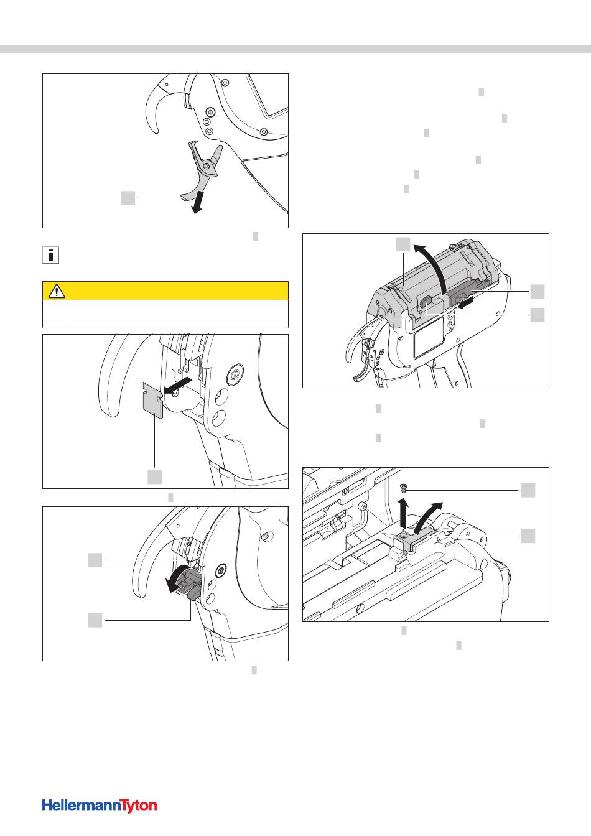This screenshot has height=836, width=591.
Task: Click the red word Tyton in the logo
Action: coord(139,806)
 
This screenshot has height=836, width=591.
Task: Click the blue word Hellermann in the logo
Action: coord(82,805)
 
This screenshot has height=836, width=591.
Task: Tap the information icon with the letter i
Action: coord(50,255)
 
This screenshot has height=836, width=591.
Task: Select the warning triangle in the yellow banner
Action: coord(57,290)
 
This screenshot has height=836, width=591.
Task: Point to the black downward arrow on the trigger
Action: coord(197,203)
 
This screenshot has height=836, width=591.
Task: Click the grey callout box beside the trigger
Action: coord(128,198)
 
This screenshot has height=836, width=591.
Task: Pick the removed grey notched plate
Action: coord(153,400)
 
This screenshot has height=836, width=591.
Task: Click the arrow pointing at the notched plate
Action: coord(178,386)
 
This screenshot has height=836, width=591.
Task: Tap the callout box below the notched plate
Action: coord(154,477)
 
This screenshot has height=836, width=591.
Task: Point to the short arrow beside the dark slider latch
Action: coord(467,302)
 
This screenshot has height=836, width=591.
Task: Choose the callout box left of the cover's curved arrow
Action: coord(403,244)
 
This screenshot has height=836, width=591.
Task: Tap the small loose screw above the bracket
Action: coord(404,486)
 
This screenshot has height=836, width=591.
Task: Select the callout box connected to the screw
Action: coord(528,490)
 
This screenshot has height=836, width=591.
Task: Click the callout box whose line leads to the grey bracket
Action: coord(528,536)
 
